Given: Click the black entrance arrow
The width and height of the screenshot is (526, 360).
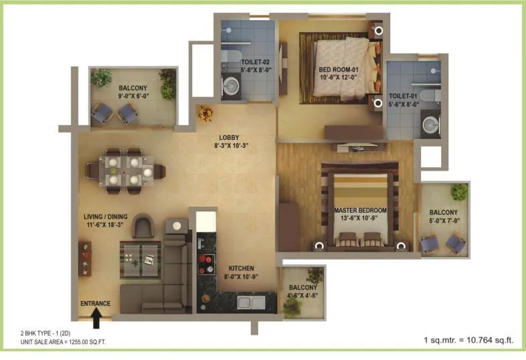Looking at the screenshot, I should click(x=96, y=320).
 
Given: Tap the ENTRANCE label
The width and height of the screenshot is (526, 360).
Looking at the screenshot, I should click(x=95, y=303).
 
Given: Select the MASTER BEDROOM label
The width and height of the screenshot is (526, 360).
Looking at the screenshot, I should click(x=362, y=210).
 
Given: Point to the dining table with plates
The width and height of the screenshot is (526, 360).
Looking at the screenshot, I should click(x=123, y=169).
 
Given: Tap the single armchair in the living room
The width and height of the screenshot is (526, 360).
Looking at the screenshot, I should click(x=143, y=227).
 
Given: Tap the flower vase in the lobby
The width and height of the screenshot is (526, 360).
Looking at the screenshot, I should click(x=205, y=113).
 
